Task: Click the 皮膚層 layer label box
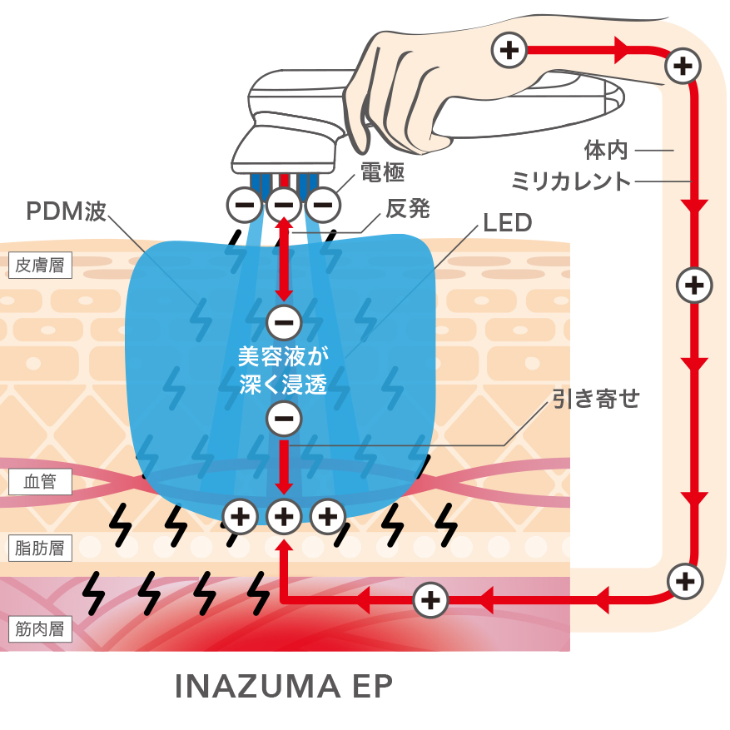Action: coord(40,266)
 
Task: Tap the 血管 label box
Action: coord(40,482)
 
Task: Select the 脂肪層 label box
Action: coord(40,548)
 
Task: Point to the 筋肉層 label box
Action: coord(40,628)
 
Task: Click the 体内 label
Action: coord(605,151)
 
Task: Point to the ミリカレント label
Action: coord(571,181)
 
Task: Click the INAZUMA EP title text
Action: coord(284,687)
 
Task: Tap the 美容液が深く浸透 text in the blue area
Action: coord(283,370)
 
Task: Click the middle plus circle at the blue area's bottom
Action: coord(284,517)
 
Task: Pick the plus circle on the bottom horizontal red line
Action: coord(430,598)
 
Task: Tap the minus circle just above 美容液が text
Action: coord(283,321)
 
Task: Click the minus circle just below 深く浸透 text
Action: coord(283,419)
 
